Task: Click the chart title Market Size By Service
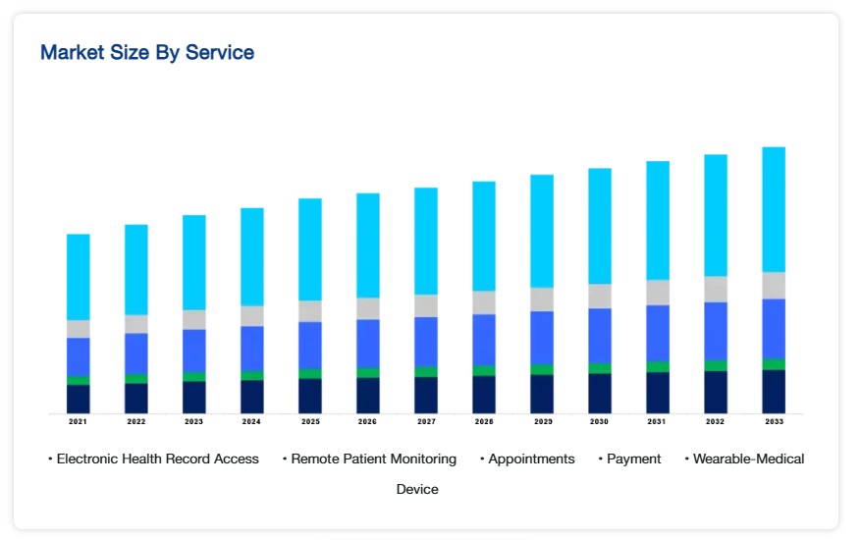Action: pos(147,53)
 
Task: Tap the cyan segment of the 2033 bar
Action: pos(774,209)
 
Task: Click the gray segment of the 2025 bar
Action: pos(310,311)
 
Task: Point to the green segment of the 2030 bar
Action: pos(600,368)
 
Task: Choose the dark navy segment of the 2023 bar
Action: pos(194,397)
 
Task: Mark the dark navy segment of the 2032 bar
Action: pos(716,392)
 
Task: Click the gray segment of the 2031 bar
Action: pos(658,293)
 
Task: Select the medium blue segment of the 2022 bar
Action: pos(136,353)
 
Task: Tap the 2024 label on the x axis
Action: pos(252,421)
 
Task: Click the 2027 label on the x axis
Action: pos(426,421)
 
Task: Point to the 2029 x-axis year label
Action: pos(542,421)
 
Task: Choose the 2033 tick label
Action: pos(774,421)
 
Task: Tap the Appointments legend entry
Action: pos(530,459)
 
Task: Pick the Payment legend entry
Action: pos(633,459)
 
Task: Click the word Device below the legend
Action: pos(417,489)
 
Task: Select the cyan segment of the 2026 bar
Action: pos(368,245)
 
